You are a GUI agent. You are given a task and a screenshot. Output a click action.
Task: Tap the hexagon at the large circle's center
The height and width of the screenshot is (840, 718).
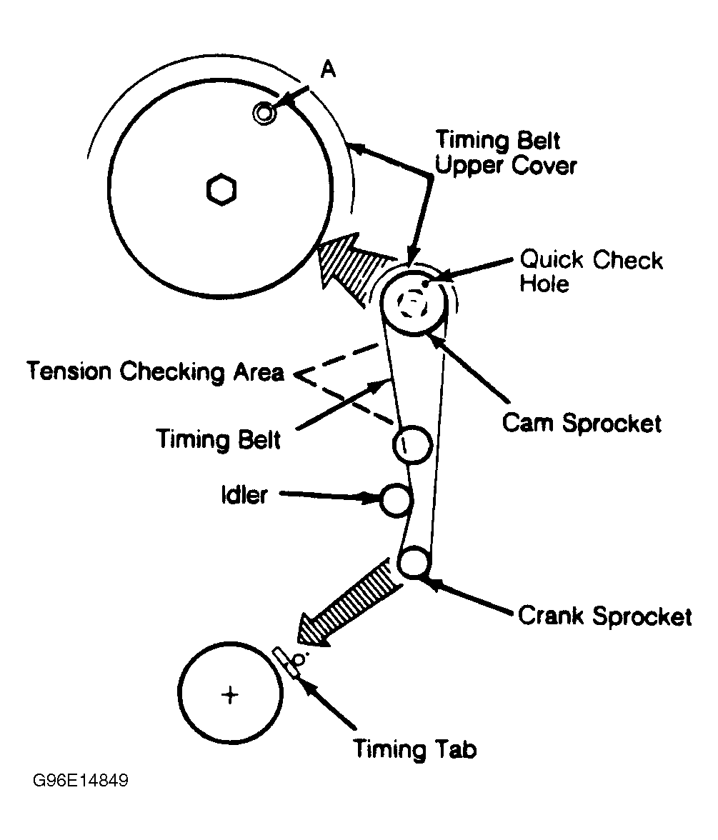[x=221, y=190]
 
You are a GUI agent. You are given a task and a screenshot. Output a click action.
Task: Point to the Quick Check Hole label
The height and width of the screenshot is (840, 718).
[x=591, y=271]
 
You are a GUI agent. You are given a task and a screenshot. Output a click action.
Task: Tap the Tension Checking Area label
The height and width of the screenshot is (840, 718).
[x=155, y=371]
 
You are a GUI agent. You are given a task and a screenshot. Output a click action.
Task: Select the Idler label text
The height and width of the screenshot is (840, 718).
[x=244, y=495]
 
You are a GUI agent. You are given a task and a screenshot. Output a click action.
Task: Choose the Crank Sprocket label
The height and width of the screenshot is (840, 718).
[x=604, y=616]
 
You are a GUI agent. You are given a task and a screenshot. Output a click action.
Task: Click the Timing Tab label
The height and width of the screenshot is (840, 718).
[x=414, y=749]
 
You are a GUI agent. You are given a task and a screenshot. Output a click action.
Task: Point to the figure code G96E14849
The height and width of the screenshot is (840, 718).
[x=80, y=780]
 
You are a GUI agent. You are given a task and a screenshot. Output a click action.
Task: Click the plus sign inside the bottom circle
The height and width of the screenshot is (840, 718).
[x=229, y=694]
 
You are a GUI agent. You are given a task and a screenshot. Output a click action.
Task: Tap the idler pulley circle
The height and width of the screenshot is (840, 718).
[x=394, y=500]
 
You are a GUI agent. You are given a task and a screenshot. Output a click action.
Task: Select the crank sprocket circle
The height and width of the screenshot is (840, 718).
[x=414, y=561]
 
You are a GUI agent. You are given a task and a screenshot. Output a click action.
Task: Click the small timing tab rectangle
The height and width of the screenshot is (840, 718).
[x=284, y=661]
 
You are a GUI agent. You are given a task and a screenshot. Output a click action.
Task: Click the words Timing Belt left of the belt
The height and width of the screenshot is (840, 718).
[x=219, y=438]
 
